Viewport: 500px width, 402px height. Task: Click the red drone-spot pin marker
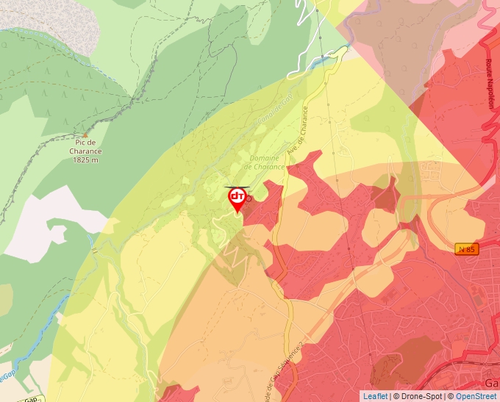click(237, 199)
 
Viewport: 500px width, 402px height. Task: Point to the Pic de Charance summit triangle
click(85, 135)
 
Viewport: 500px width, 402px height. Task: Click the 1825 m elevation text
click(86, 160)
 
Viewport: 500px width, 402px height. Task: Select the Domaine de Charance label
click(263, 162)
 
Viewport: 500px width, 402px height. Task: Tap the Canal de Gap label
click(276, 107)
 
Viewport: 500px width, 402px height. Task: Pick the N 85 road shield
click(466, 249)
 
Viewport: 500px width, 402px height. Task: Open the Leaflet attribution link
click(376, 396)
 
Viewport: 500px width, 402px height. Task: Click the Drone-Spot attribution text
click(421, 396)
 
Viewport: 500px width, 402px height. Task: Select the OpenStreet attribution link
click(477, 396)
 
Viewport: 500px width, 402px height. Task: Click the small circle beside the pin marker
click(249, 198)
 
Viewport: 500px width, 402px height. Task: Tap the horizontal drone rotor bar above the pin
click(237, 187)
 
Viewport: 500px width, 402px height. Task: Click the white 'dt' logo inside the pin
click(237, 196)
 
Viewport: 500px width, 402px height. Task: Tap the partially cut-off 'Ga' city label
click(491, 383)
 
